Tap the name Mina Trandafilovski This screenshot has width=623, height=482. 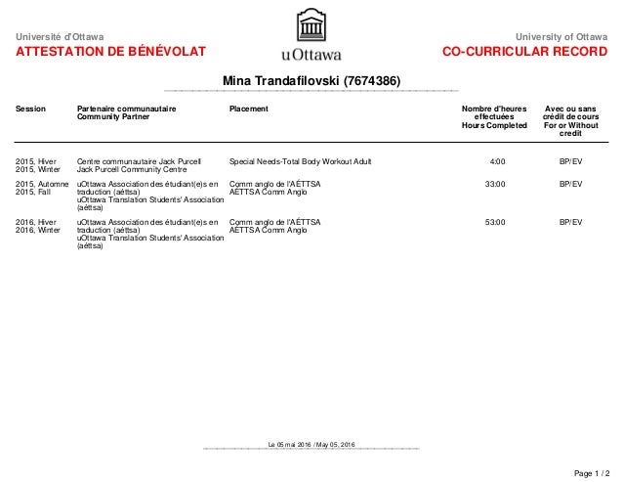pyautogui.click(x=311, y=79)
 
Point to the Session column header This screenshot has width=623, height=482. pyautogui.click(x=31, y=109)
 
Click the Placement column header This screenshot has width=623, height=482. pyautogui.click(x=248, y=109)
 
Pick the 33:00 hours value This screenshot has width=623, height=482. pyautogui.click(x=495, y=183)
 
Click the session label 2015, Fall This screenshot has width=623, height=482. pyautogui.click(x=37, y=191)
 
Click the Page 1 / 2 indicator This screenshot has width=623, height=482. pyautogui.click(x=591, y=472)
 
